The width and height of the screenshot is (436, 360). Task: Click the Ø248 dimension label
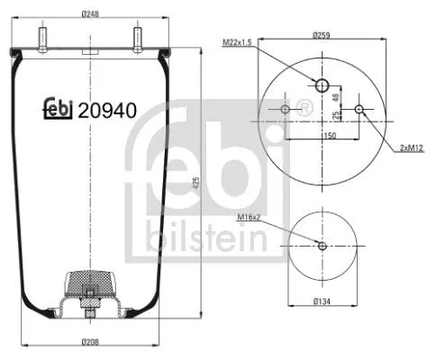pos(87,13)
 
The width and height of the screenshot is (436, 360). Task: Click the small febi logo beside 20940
pos(59,112)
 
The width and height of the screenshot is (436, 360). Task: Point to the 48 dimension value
pos(336,96)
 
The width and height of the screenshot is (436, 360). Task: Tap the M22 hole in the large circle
pos(322,85)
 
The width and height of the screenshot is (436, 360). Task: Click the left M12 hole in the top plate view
pos(286,110)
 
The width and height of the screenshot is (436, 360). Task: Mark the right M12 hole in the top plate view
pos(360,110)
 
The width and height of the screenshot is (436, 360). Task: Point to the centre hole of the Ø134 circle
pos(323,246)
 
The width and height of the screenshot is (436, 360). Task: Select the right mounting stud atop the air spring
pos(138,41)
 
